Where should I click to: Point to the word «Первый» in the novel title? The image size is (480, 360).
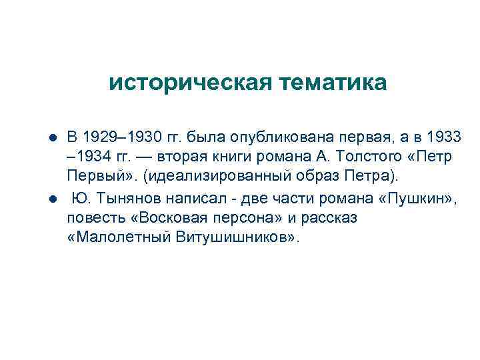(92, 177)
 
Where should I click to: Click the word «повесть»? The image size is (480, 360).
(93, 218)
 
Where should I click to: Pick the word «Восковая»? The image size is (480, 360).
(160, 218)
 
